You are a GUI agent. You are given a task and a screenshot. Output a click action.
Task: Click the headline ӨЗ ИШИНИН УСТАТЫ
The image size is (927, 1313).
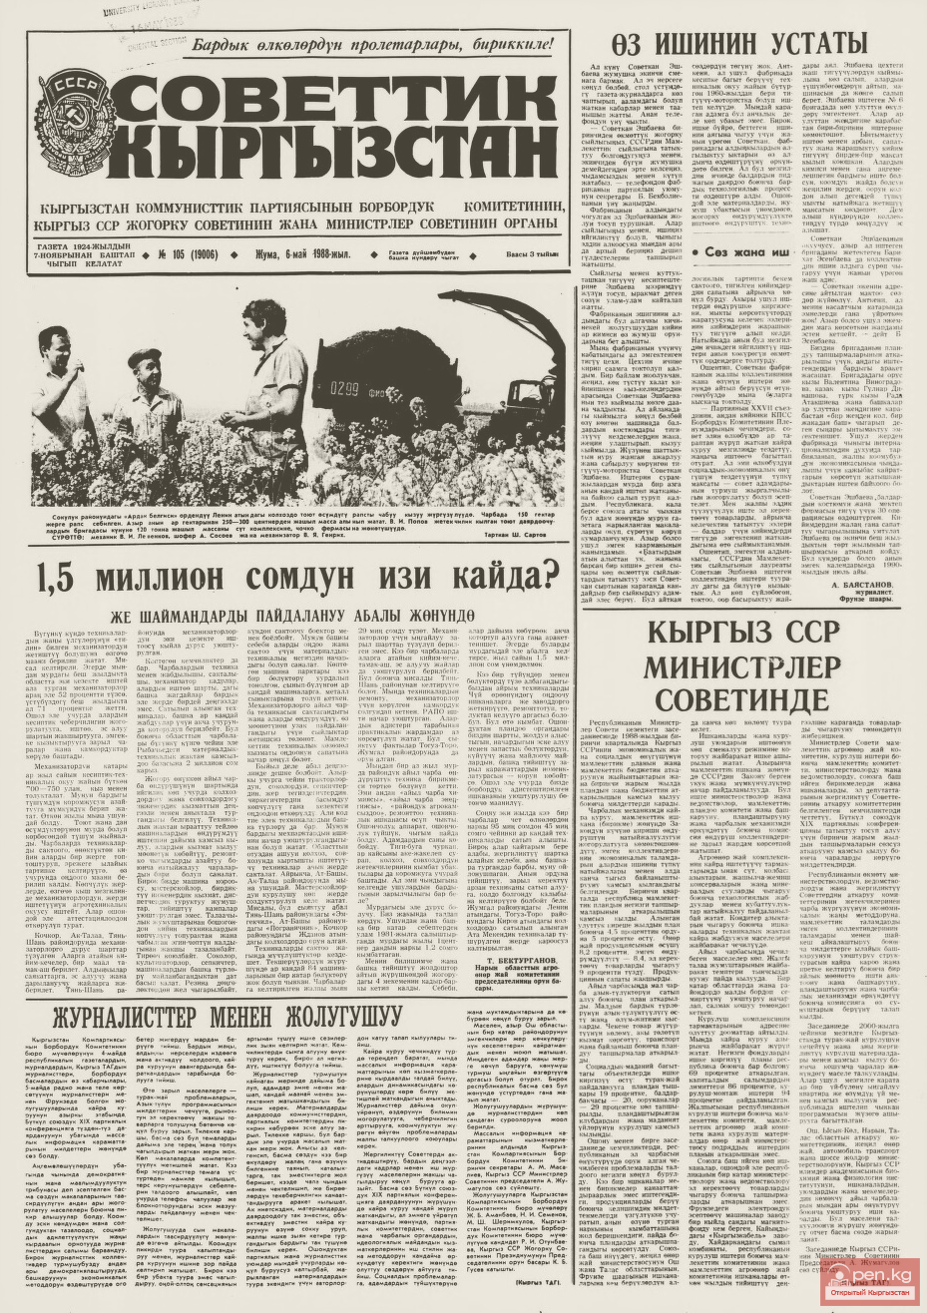pos(738,44)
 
